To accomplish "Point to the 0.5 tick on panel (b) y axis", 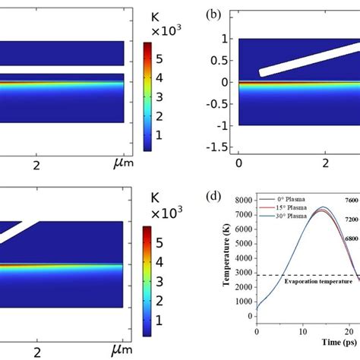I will tap(224, 60).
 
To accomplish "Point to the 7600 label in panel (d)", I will tap(350, 201).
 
